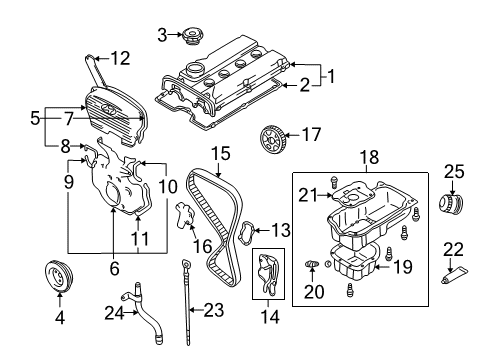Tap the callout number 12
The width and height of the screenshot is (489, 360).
(x=120, y=58)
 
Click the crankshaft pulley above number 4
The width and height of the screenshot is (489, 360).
(x=59, y=276)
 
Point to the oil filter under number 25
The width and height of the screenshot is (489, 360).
(x=451, y=202)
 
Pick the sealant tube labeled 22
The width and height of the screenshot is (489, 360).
(x=455, y=275)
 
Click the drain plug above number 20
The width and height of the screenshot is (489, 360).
(x=312, y=264)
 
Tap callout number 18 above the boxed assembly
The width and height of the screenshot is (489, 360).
(x=369, y=157)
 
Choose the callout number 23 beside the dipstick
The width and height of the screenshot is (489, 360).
(x=213, y=310)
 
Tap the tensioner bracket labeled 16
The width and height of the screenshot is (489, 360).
(x=184, y=215)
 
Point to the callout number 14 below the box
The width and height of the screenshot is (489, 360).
(x=270, y=316)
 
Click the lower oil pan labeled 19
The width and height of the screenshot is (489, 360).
(x=355, y=263)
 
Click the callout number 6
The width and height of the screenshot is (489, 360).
(x=114, y=268)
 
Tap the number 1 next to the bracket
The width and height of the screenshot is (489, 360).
(x=331, y=76)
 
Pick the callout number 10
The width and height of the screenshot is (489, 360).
(x=167, y=186)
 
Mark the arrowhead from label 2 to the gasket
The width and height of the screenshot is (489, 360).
(x=284, y=85)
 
